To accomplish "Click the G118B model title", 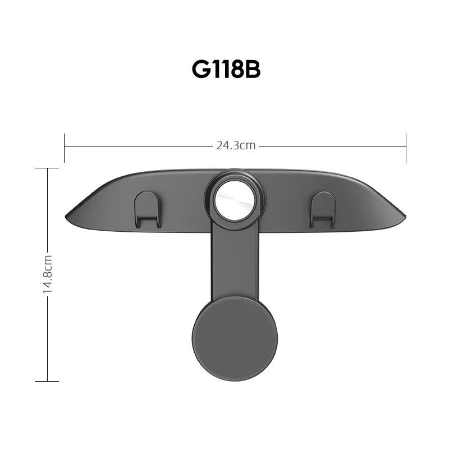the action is tap(226, 70).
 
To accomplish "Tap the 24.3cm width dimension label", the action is tap(236, 146).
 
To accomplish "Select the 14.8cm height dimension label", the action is tap(48, 274).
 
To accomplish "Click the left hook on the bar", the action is tap(147, 210).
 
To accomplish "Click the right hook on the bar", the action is tap(322, 210).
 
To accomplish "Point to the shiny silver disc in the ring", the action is tap(235, 200).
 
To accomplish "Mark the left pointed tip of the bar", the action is tap(66, 216).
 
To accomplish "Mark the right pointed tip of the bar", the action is tap(405, 216).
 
